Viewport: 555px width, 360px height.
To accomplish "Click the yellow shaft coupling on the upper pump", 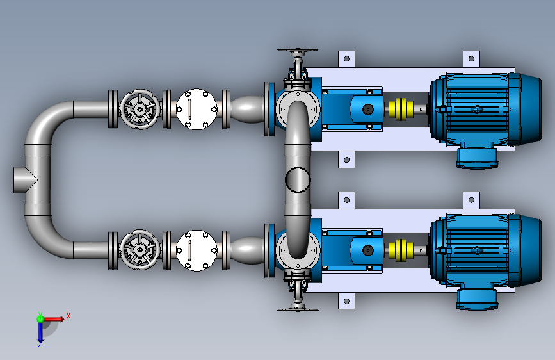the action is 401,109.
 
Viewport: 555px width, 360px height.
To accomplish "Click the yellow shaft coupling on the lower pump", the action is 401,250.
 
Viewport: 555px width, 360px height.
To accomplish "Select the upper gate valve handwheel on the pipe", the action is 140,109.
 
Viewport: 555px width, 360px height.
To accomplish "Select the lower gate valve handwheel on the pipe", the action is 140,250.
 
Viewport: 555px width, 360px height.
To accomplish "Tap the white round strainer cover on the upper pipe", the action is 197,109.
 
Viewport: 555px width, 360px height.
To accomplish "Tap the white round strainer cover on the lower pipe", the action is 197,250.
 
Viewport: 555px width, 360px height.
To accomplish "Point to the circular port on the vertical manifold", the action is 298,180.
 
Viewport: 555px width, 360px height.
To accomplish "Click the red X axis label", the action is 68,316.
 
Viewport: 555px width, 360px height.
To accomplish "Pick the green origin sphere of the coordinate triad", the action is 40,319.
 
